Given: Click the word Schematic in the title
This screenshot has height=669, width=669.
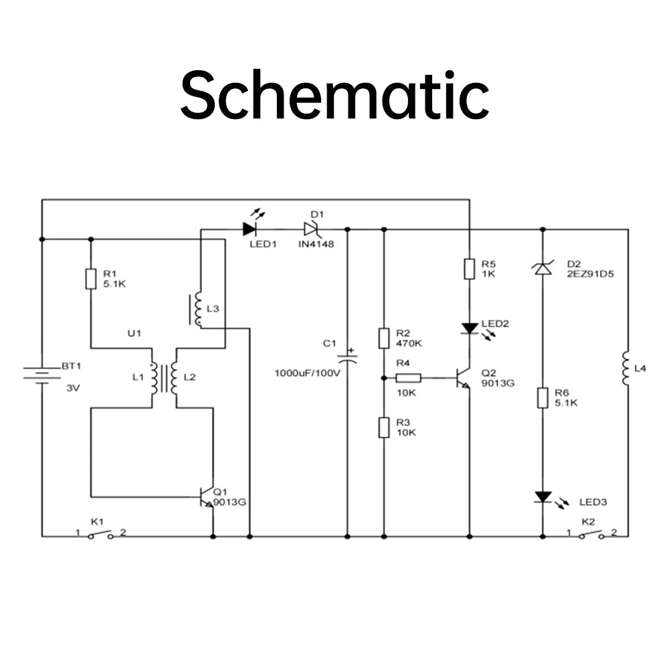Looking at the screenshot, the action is [x=335, y=96].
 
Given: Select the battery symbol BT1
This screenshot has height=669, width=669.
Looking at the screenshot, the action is [x=41, y=375].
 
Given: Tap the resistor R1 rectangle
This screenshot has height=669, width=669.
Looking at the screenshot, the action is [x=91, y=279].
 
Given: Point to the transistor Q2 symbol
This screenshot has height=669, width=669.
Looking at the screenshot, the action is [x=464, y=378].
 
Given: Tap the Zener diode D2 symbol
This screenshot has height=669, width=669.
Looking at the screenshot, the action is [x=543, y=268].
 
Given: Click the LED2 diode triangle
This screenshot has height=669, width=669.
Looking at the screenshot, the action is [x=470, y=328].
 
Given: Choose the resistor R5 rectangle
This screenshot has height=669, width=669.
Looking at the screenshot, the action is [x=470, y=269].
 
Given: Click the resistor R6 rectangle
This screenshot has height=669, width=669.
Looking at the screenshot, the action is [x=543, y=398].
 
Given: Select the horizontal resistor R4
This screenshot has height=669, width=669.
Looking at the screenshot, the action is [x=408, y=378].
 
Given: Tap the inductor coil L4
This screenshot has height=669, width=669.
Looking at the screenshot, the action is [x=626, y=368].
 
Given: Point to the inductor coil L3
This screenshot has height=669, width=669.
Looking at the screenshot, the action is [x=197, y=309].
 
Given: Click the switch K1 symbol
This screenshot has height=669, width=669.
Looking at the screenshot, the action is [x=101, y=535].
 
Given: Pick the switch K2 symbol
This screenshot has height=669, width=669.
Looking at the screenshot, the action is [x=591, y=535].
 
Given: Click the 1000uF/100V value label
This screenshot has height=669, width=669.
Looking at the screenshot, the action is [x=307, y=373].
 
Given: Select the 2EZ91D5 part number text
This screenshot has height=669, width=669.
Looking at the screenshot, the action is [x=590, y=274].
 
